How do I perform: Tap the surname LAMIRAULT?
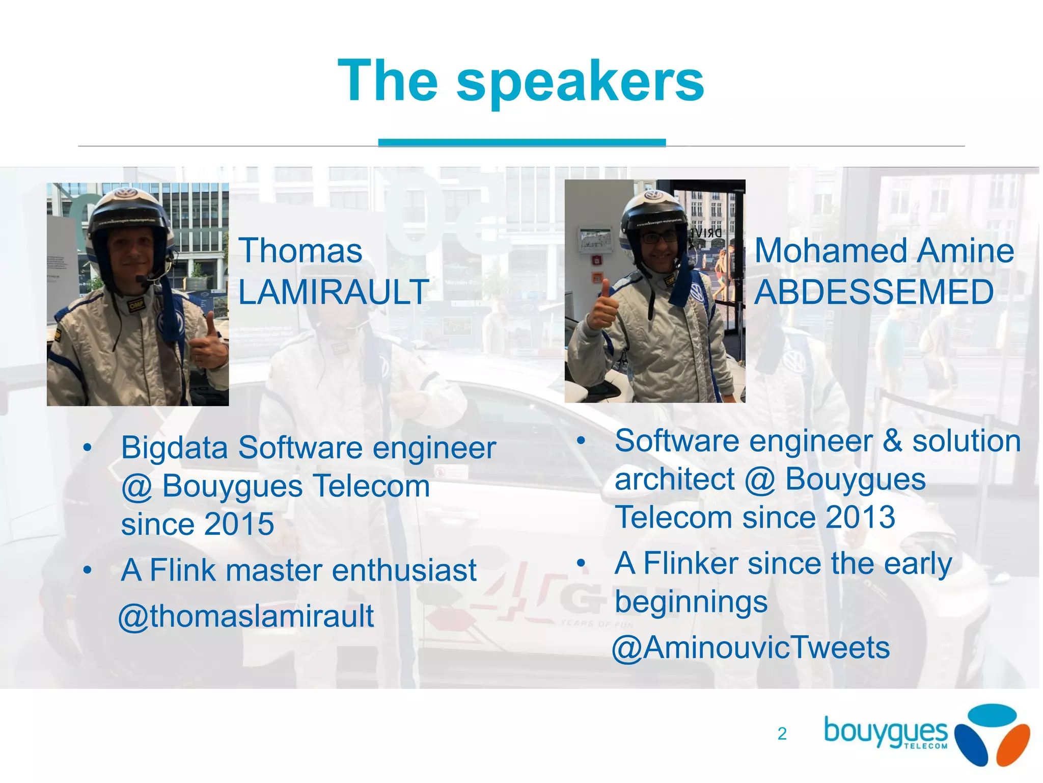[334, 293]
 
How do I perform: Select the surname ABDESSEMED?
[874, 293]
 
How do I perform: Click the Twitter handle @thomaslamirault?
[246, 616]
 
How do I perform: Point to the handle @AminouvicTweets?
[751, 648]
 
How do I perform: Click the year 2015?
[239, 524]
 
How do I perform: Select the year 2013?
[860, 517]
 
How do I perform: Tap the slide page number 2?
[782, 734]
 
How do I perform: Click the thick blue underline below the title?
[521, 142]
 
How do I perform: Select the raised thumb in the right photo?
[603, 306]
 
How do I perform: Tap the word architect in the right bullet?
[674, 480]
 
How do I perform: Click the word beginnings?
[691, 603]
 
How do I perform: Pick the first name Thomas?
[300, 251]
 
